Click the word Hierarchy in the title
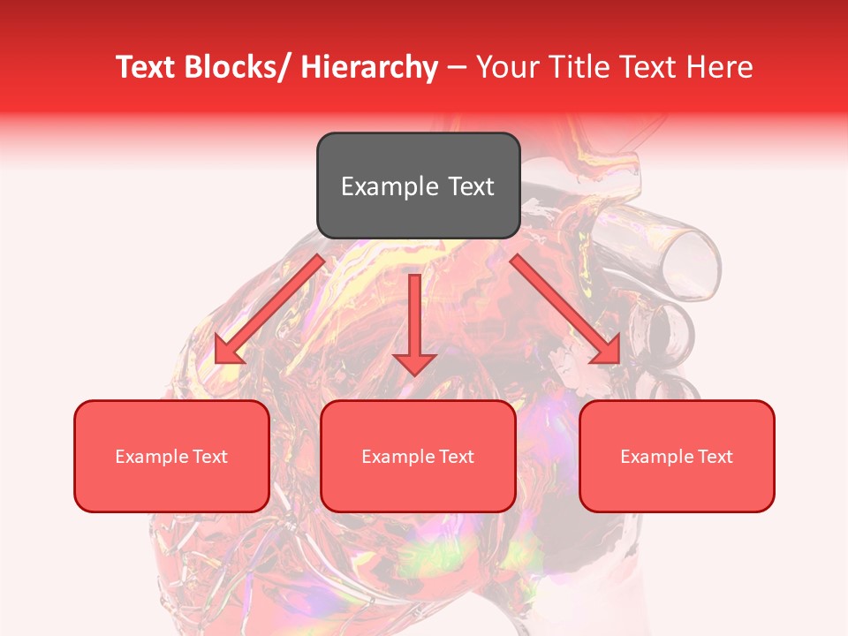tap(368, 67)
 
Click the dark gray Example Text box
tap(418, 185)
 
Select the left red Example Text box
tap(171, 456)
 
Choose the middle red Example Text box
tap(418, 456)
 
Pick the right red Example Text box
tap(677, 456)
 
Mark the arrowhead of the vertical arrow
tap(414, 362)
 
